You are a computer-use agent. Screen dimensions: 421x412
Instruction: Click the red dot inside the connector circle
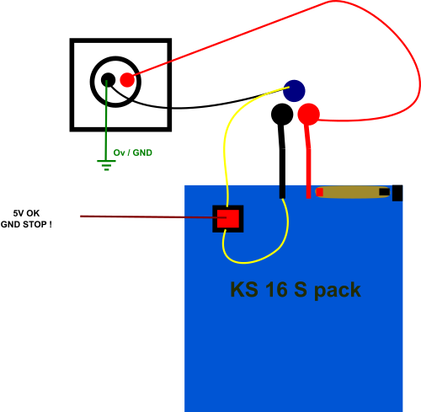[x=127, y=80]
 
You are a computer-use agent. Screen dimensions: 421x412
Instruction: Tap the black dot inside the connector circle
[x=108, y=80]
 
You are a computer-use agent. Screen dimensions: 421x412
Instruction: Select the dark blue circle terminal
[x=294, y=91]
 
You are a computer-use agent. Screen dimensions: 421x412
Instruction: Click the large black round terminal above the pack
[x=282, y=115]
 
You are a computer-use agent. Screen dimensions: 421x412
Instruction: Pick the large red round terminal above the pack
[x=308, y=115]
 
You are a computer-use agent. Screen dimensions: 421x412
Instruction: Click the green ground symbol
[x=106, y=165]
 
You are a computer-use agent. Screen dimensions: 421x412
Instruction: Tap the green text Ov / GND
[x=133, y=152]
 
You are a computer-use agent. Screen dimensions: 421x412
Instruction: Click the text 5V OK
[x=26, y=213]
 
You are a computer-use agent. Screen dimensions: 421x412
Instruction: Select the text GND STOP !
[x=26, y=224]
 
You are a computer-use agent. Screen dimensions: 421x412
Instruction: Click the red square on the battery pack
[x=228, y=219]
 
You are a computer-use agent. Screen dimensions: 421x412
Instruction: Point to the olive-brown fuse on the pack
[x=353, y=192]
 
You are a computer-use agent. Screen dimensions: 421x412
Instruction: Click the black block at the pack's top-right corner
[x=397, y=193]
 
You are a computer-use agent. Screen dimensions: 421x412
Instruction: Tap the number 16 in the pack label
[x=277, y=289]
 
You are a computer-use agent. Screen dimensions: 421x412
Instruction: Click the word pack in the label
[x=338, y=291]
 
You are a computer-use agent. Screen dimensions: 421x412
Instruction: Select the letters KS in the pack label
[x=244, y=289]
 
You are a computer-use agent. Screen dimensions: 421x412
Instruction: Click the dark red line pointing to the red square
[x=153, y=217]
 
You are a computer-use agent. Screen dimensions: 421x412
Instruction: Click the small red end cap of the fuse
[x=319, y=192]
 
